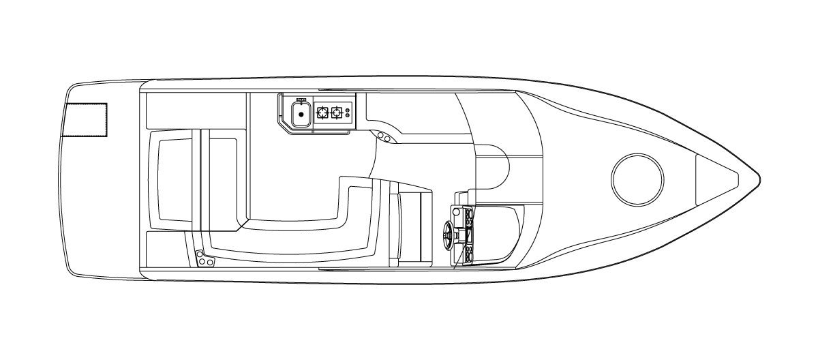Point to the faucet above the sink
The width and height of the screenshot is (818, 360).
coord(301,100)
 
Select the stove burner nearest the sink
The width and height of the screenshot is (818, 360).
coord(323,112)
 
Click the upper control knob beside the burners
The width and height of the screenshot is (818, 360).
coord(348,110)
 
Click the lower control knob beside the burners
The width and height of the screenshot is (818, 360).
coord(348,117)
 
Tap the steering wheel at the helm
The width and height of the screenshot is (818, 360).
coord(447,233)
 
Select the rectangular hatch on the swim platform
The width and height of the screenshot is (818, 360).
coord(85,120)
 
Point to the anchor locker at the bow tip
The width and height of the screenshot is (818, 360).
coord(716,179)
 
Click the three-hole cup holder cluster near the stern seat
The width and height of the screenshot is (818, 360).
coord(204,260)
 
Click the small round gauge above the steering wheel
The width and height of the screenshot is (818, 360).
coord(456,212)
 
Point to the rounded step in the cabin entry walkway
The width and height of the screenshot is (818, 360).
coord(492,168)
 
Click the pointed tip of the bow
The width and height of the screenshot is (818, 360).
coord(759,179)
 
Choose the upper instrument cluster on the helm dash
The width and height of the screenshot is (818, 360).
coord(469,216)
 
